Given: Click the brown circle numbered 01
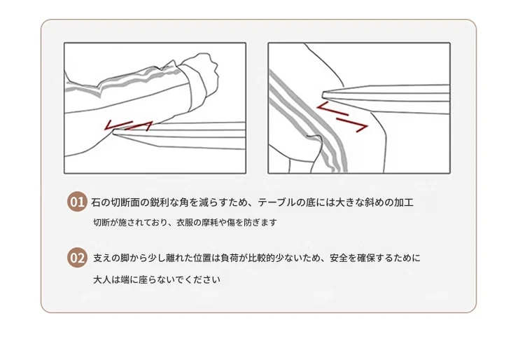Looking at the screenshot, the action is [77, 202].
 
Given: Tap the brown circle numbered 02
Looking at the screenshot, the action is [77, 258].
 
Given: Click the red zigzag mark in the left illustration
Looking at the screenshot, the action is [129, 125].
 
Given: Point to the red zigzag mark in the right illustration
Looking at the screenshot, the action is [342, 117].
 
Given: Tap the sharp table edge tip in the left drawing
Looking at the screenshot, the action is [114, 132].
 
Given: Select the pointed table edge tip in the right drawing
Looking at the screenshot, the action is [324, 95].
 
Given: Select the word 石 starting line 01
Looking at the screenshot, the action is [96, 202].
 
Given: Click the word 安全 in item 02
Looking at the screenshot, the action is [339, 258].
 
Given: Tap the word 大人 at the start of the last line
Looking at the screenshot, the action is [101, 279].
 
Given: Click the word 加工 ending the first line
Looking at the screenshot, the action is [404, 202].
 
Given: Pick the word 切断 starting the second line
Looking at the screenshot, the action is [101, 222].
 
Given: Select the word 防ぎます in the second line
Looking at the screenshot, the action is [260, 222].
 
